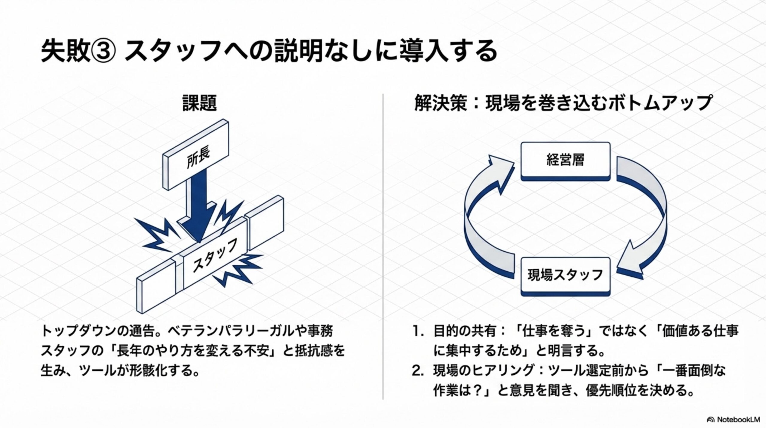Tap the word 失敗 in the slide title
(65, 52)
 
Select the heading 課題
(200, 103)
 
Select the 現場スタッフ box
(565, 275)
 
